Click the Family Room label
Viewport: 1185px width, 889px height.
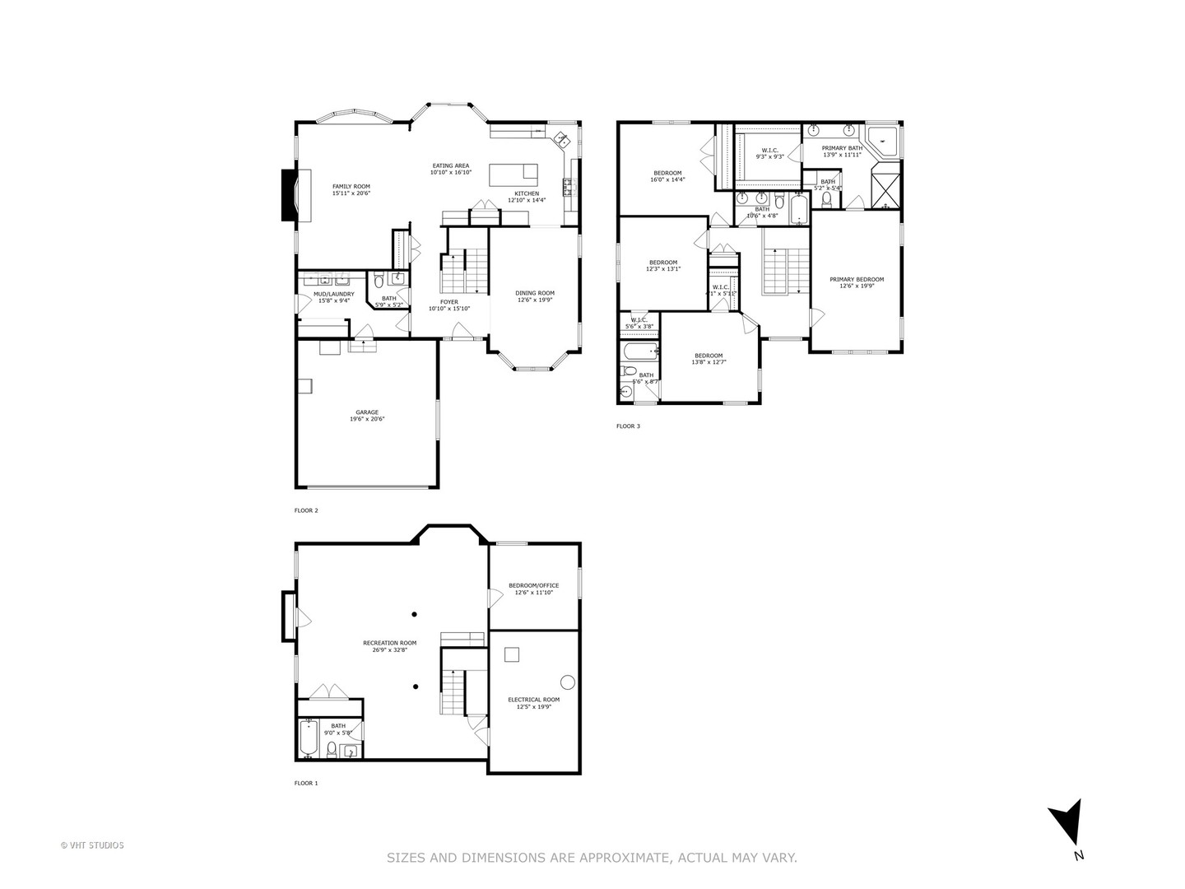click(x=351, y=190)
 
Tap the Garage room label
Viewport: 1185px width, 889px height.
click(x=367, y=416)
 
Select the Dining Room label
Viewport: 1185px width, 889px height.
click(x=535, y=296)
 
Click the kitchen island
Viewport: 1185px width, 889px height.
click(x=513, y=175)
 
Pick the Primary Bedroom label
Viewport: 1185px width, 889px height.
click(x=862, y=282)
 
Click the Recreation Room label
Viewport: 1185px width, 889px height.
click(x=390, y=646)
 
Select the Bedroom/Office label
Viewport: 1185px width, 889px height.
click(x=533, y=589)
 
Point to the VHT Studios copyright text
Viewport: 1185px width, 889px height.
click(x=92, y=845)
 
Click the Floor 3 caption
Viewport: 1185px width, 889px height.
click(x=628, y=426)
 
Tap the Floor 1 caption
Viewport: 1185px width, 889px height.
click(x=306, y=783)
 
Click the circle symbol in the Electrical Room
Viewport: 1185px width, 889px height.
click(x=568, y=682)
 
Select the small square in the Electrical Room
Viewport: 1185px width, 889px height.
click(x=512, y=654)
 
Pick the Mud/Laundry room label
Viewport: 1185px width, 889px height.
click(x=333, y=297)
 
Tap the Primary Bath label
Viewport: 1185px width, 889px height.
click(x=842, y=151)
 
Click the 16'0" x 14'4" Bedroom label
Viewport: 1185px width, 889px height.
click(x=667, y=176)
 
